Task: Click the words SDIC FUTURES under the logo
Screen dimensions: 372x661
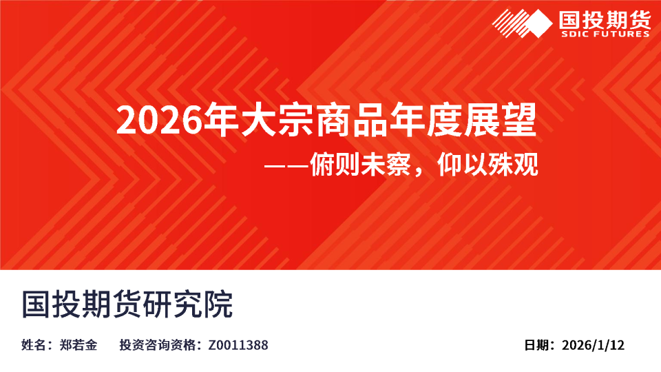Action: [605, 34]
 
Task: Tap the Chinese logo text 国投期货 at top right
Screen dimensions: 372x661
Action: [605, 19]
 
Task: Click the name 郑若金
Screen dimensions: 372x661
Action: [79, 345]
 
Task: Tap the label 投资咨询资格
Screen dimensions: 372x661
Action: [158, 345]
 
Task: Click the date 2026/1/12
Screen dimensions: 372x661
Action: [593, 345]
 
